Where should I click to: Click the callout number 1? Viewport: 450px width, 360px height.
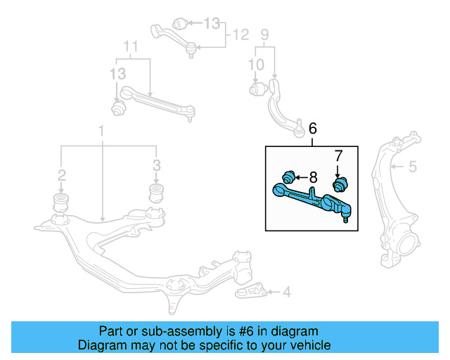click(101, 131)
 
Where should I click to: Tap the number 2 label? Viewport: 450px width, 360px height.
click(62, 174)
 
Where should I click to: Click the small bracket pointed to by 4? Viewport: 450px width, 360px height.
click(252, 291)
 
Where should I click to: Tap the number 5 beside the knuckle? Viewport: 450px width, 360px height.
click(413, 167)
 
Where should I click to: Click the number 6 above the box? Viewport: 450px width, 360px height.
click(312, 128)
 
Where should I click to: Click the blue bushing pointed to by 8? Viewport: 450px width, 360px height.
click(287, 176)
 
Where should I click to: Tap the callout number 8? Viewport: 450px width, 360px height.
click(314, 176)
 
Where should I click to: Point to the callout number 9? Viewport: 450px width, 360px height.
click(265, 33)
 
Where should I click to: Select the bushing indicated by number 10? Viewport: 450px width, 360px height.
click(257, 89)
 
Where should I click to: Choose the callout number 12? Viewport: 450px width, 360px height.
click(240, 33)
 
